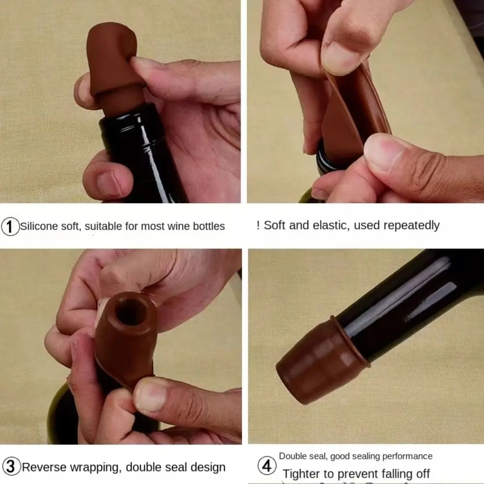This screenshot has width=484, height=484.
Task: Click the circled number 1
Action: pyautogui.click(x=10, y=226)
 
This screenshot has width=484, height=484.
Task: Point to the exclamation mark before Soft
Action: pyautogui.click(x=258, y=225)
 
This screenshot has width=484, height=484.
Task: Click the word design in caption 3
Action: pyautogui.click(x=207, y=468)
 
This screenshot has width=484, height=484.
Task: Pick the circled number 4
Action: pyautogui.click(x=267, y=467)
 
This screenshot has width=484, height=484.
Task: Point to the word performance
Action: pyautogui.click(x=408, y=456)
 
